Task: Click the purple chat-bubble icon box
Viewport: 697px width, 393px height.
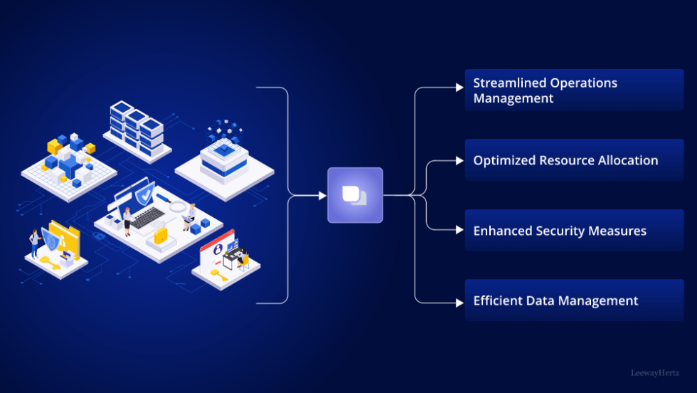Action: [355, 195]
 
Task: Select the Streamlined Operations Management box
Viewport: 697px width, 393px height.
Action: [573, 90]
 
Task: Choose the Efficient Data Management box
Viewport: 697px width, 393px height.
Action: [573, 300]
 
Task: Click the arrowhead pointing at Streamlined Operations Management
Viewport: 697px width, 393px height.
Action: [459, 88]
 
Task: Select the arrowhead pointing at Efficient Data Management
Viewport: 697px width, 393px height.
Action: [459, 303]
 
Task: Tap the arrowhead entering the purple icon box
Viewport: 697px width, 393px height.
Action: [322, 195]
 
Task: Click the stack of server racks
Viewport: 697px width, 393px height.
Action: [137, 128]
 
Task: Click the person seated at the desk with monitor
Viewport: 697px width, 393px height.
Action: [240, 258]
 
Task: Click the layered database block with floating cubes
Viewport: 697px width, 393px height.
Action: [223, 153]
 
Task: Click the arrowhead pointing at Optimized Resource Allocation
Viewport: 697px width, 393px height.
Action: [459, 161]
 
